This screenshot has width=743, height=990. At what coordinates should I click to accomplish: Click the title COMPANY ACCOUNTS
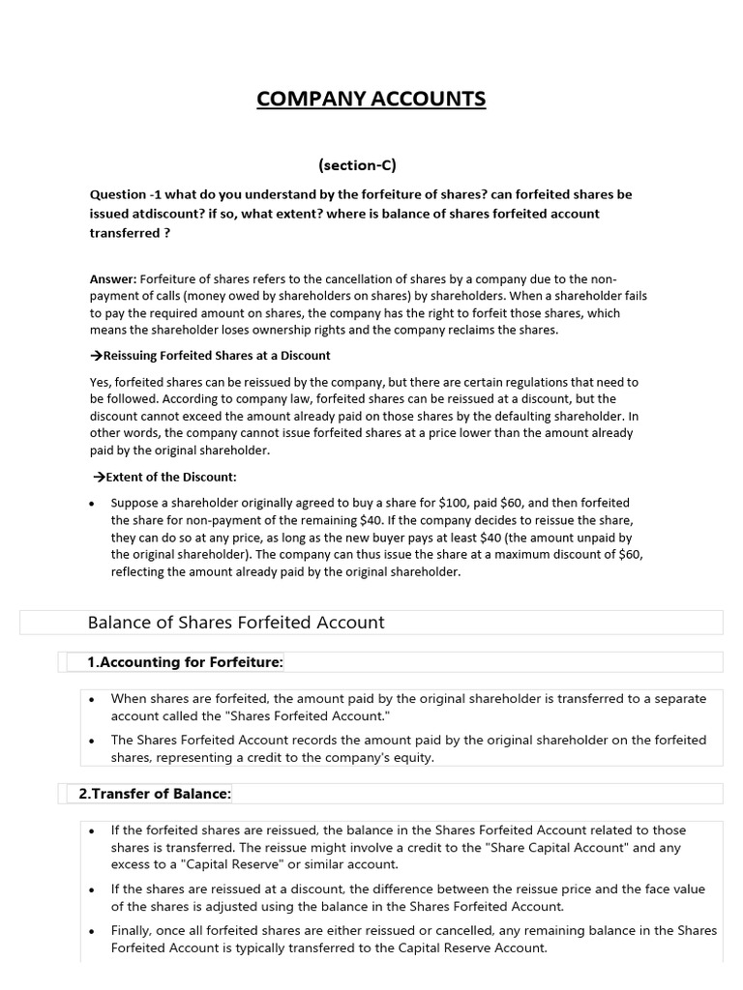pyautogui.click(x=371, y=100)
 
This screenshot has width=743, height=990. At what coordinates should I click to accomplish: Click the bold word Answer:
pyautogui.click(x=113, y=279)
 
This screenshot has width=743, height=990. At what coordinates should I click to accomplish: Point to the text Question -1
pyautogui.click(x=124, y=194)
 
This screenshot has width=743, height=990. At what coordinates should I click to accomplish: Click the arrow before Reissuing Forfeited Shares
pyautogui.click(x=95, y=356)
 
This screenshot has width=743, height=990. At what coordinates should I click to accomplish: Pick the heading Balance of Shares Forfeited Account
pyautogui.click(x=236, y=623)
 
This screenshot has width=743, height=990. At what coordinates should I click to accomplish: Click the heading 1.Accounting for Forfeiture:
pyautogui.click(x=185, y=662)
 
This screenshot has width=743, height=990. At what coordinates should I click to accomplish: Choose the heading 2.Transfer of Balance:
pyautogui.click(x=155, y=794)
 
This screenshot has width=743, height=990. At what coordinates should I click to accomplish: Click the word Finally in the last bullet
pyautogui.click(x=134, y=931)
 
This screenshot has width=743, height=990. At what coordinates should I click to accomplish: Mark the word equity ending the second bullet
pyautogui.click(x=411, y=758)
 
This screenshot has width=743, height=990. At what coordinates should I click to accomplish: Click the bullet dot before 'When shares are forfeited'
pyautogui.click(x=91, y=699)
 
